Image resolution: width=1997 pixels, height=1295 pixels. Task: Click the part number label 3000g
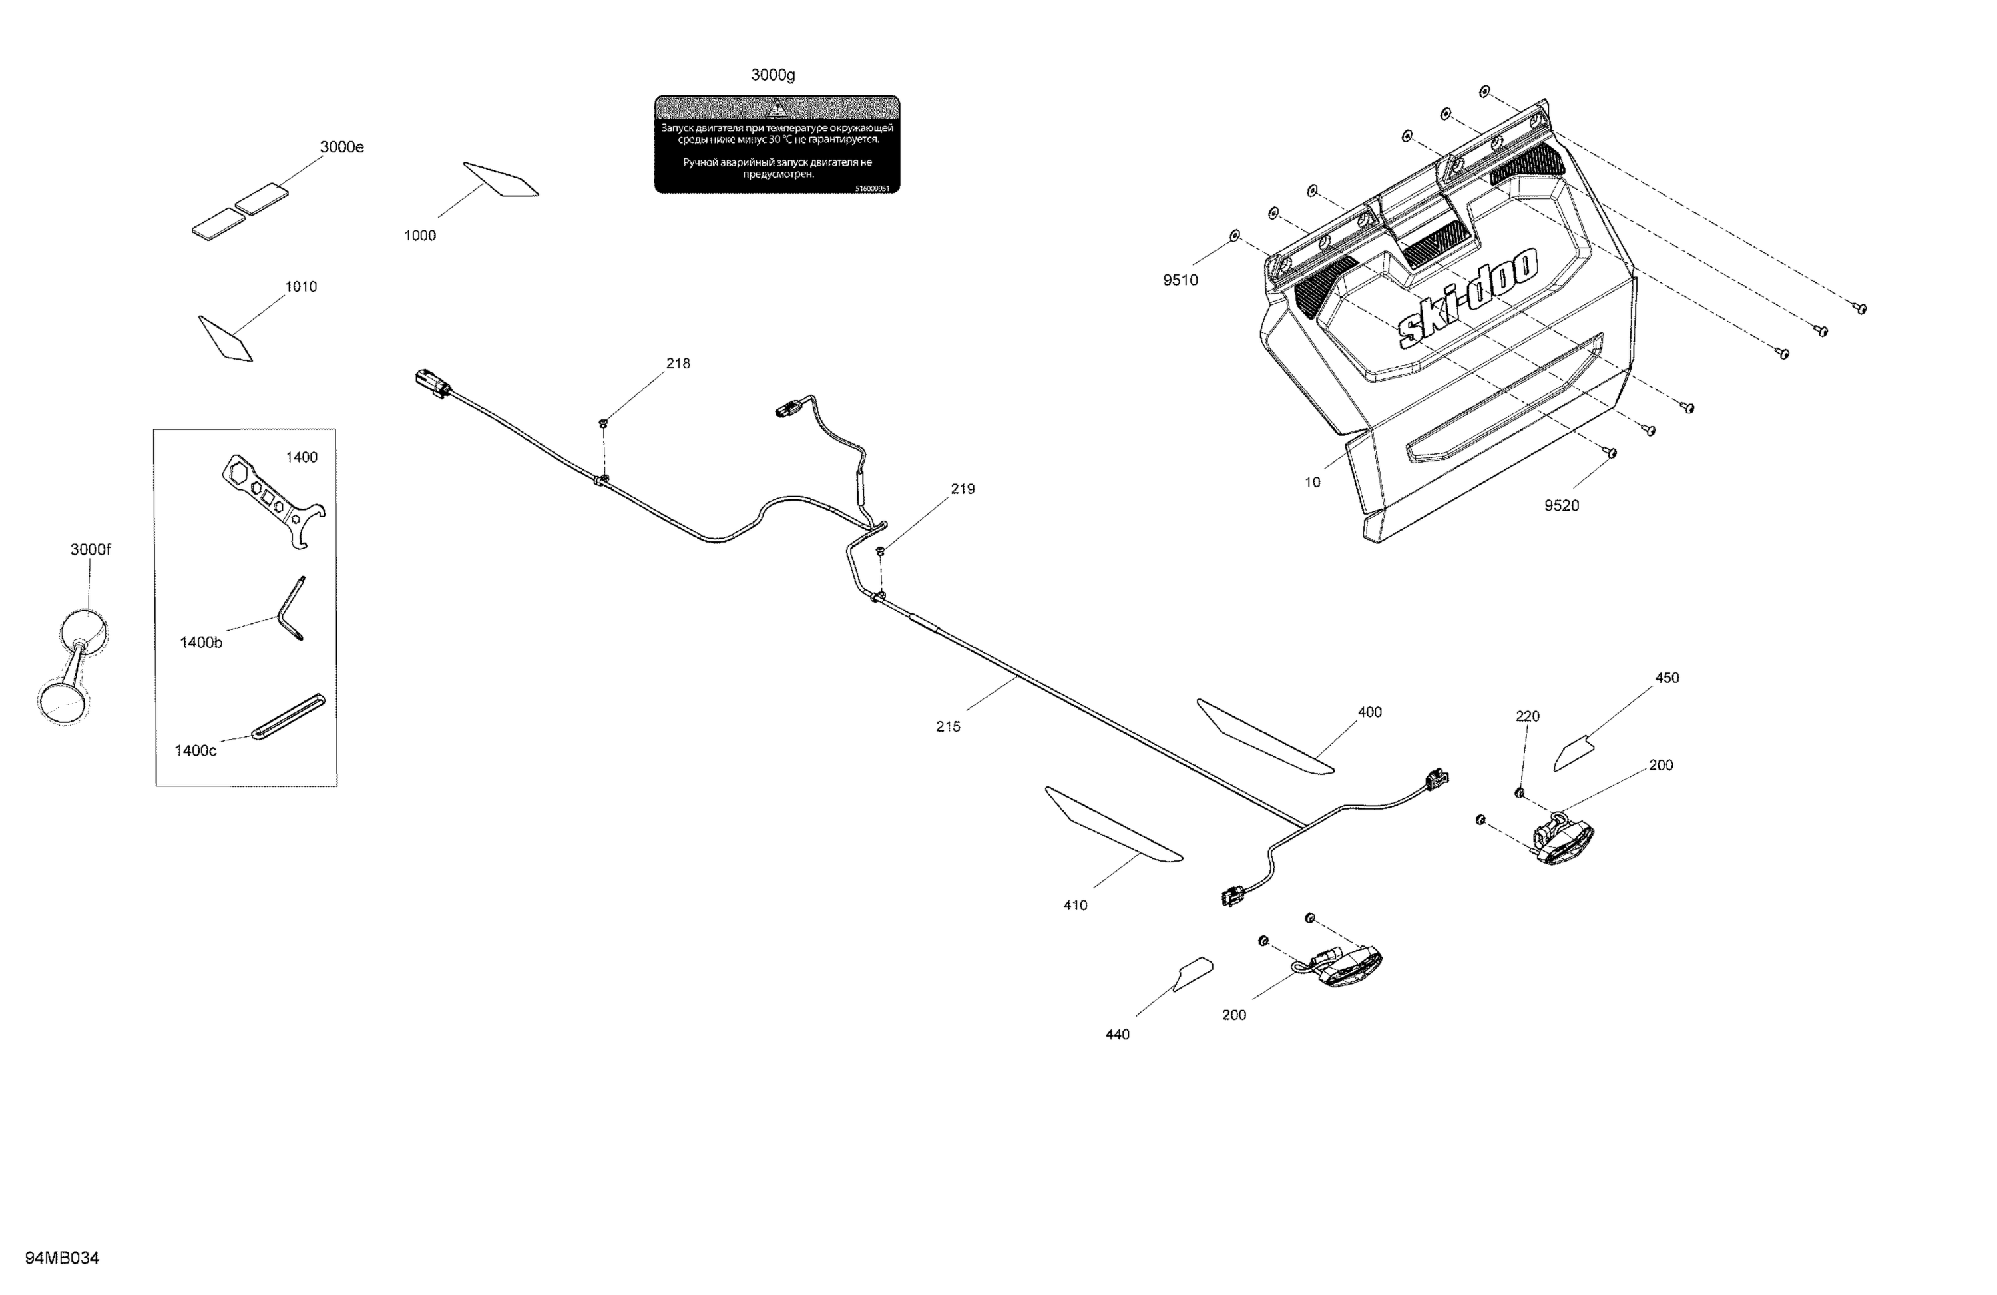(772, 75)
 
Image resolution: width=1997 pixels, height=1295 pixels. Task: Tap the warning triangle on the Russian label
(777, 107)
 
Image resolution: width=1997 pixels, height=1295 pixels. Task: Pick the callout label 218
(678, 364)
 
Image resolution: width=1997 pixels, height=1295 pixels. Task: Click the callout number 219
(963, 489)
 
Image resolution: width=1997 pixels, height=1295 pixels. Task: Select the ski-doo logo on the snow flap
(1468, 297)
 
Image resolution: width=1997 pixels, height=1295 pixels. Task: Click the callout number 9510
(1180, 280)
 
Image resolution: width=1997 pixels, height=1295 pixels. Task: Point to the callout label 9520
(1561, 505)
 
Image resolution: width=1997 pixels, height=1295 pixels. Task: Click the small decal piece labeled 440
(1192, 973)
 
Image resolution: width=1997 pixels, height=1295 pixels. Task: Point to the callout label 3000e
(341, 148)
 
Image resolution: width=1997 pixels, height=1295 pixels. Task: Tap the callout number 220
(1527, 716)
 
